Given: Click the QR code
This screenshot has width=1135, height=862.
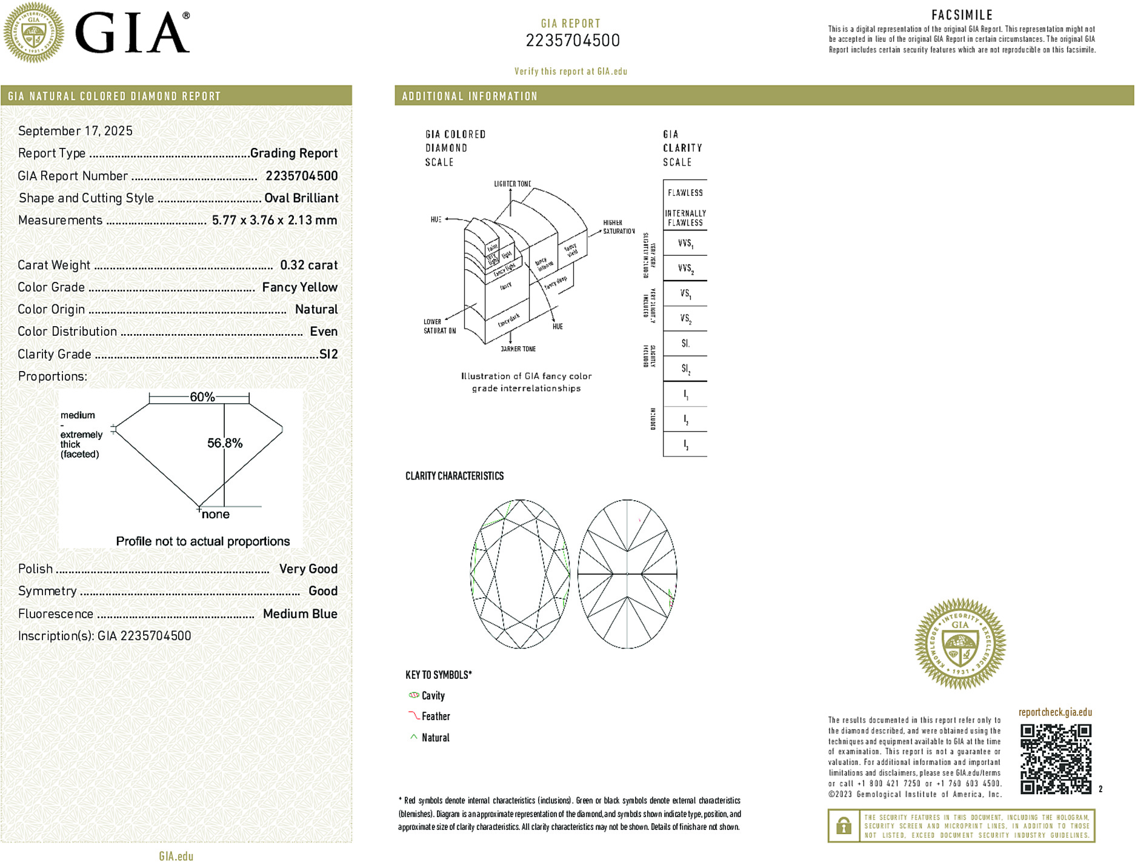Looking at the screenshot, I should (x=1056, y=758).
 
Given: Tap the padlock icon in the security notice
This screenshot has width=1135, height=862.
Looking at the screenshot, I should (x=844, y=826).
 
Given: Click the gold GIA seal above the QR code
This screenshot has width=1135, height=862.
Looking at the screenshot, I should (x=960, y=644).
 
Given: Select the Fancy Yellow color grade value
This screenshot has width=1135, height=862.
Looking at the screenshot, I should (x=299, y=287).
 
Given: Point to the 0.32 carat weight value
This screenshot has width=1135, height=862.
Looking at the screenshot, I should (x=308, y=265).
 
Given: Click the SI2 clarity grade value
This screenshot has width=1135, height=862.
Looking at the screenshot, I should (x=328, y=354).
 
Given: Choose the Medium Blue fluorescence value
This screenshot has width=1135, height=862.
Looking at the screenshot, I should (x=300, y=613).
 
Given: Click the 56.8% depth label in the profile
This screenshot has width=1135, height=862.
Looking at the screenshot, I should (x=225, y=443).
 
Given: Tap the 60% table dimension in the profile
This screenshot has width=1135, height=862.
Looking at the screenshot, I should (x=202, y=397).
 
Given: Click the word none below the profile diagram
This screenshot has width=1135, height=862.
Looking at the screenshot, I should (x=216, y=515).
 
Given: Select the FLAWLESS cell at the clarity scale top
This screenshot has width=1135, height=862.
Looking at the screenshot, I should (x=685, y=193).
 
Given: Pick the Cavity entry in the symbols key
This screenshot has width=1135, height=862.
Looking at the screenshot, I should (x=433, y=696).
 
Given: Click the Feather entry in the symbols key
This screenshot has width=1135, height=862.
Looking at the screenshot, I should (x=436, y=717).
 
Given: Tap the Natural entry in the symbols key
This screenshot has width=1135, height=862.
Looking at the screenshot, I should (x=435, y=738).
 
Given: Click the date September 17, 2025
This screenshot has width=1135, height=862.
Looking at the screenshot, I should (x=75, y=131).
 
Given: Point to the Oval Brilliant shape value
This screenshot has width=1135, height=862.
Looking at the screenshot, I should (x=301, y=198).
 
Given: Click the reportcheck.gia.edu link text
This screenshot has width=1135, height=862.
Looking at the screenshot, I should (x=1055, y=712).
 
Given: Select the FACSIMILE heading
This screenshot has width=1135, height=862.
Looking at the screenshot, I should (x=962, y=15).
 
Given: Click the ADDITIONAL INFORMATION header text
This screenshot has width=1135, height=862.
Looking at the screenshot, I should (x=470, y=96).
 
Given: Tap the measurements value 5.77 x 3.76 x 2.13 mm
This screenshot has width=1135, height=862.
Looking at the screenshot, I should (x=275, y=220).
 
